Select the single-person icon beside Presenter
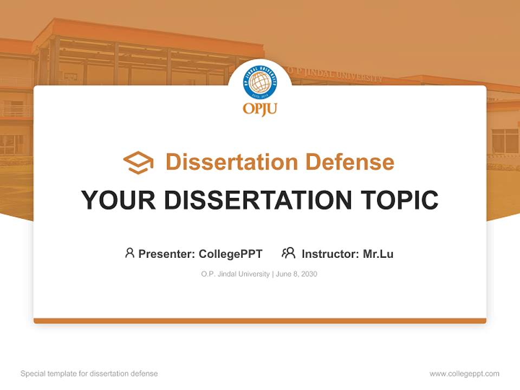129,253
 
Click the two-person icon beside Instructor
288,253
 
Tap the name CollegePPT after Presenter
231,253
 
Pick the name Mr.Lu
378,253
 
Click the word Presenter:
167,253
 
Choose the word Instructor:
330,253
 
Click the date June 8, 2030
296,274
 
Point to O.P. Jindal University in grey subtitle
235,274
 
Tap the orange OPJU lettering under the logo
260,109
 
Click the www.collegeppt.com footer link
464,374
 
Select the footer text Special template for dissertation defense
89,374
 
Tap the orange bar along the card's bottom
260,321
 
